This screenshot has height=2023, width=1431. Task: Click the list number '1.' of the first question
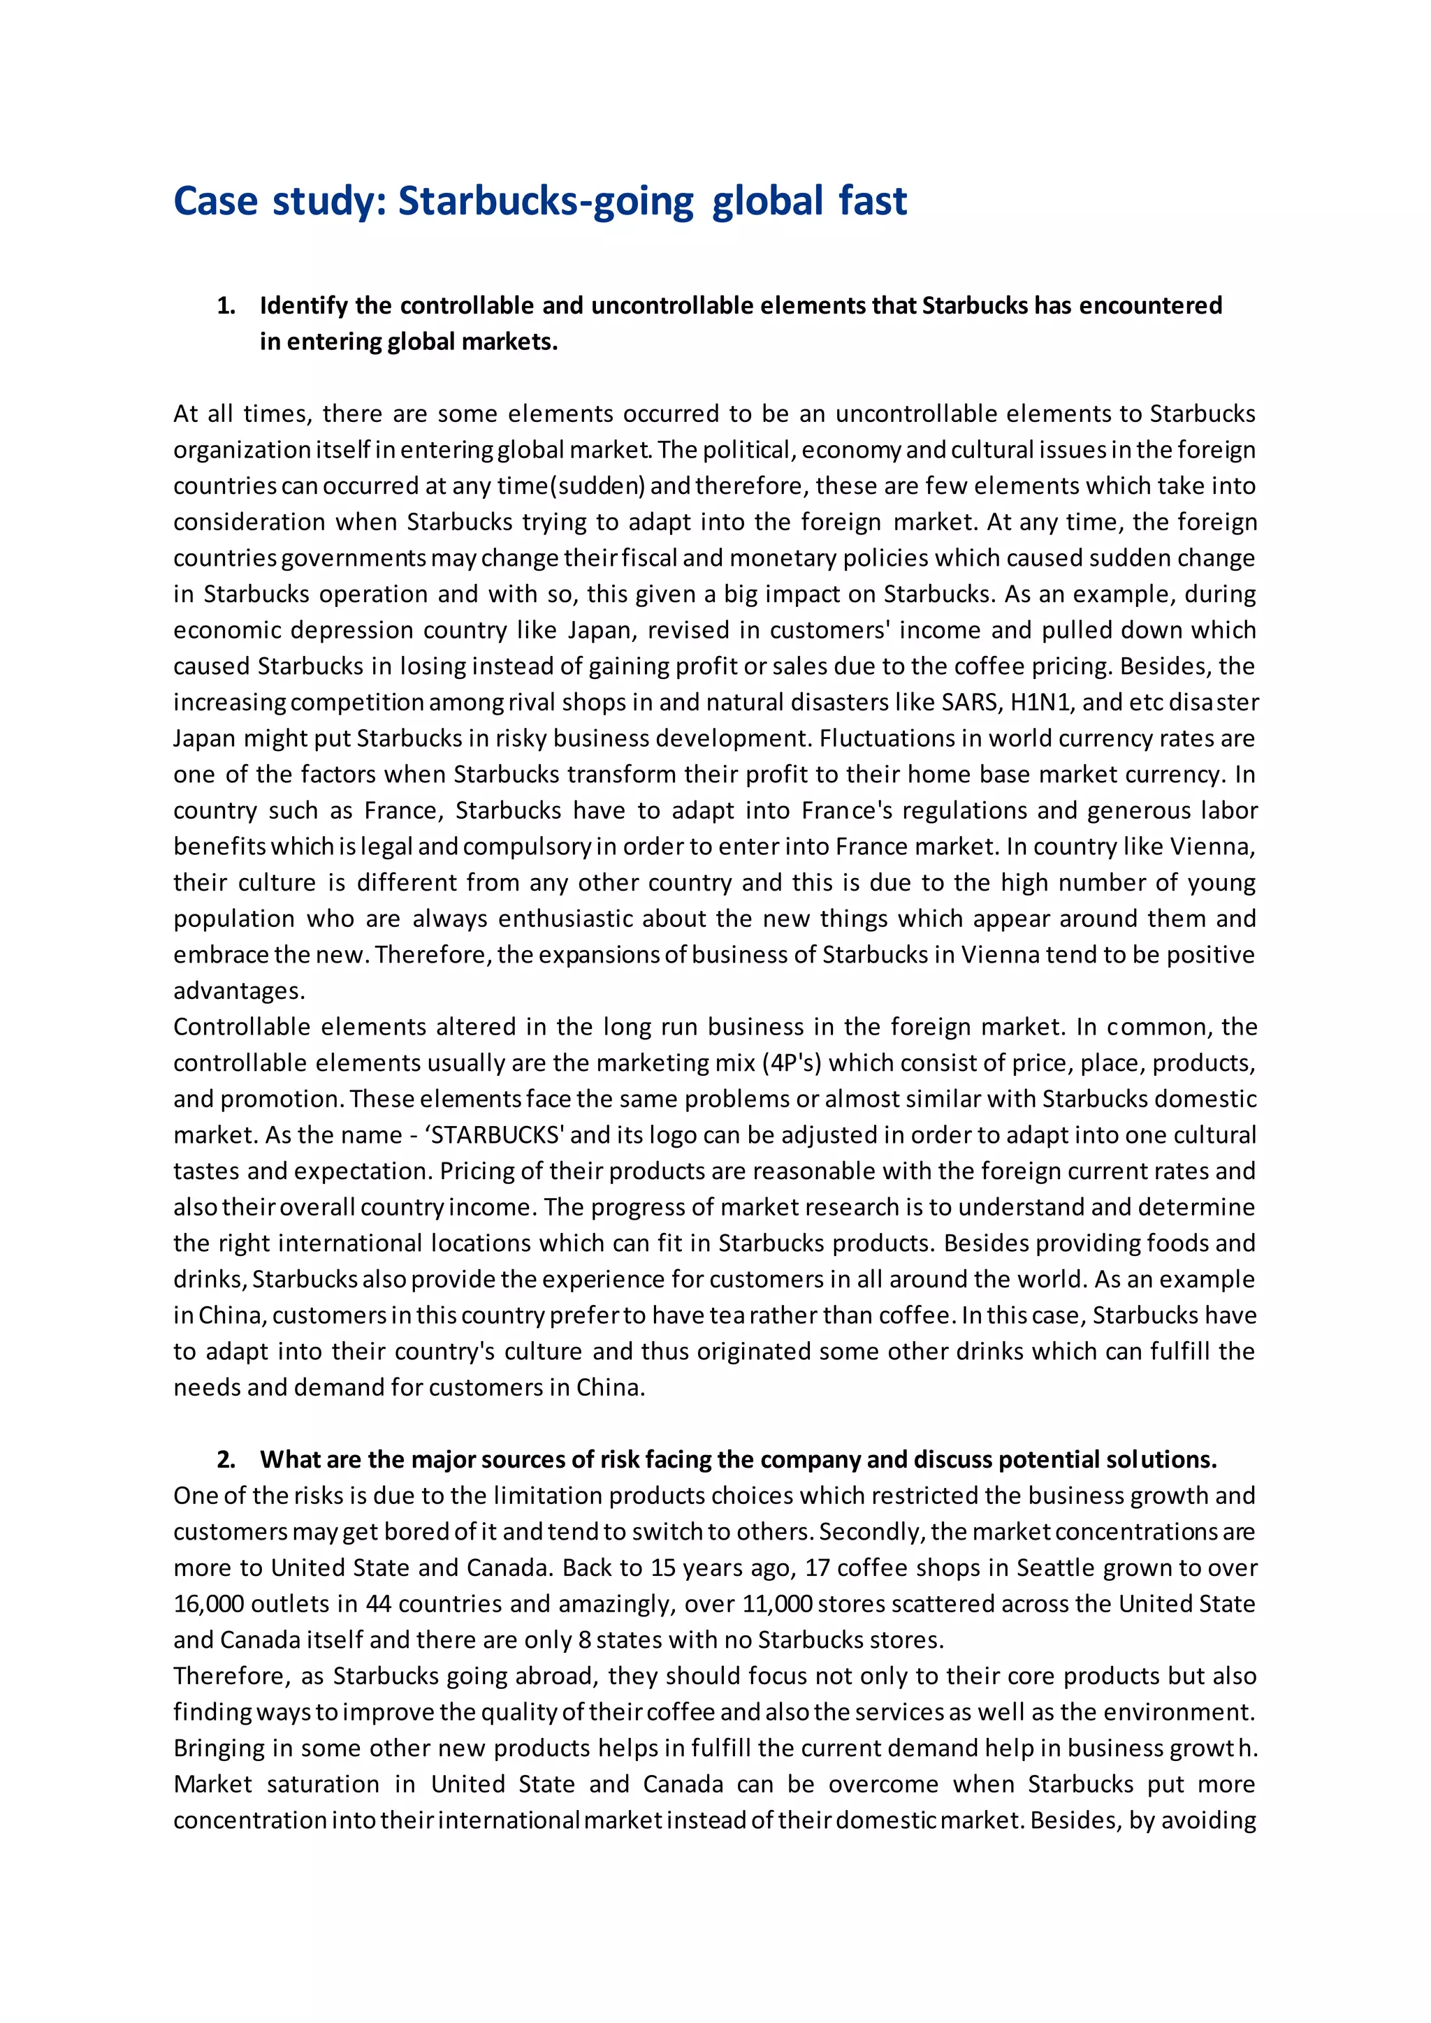226,306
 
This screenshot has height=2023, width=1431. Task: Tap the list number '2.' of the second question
226,1460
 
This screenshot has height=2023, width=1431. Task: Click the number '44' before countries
378,1604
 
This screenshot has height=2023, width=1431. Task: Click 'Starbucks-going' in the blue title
546,202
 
